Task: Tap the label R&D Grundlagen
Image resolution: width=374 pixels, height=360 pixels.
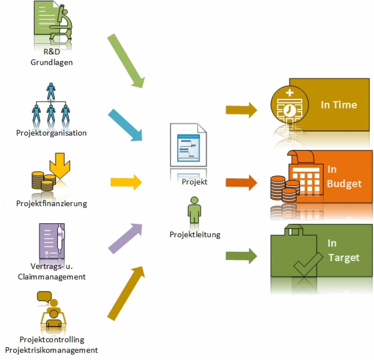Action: tap(52, 57)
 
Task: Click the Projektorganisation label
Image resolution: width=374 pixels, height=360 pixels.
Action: tap(51, 133)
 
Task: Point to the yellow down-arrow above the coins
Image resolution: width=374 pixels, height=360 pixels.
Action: tap(60, 165)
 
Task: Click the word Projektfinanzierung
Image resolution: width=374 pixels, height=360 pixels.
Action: tap(51, 204)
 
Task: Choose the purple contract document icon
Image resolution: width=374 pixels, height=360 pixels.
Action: tap(52, 241)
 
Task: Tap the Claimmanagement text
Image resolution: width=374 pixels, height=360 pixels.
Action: tap(52, 277)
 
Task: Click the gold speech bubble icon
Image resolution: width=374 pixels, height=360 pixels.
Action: tap(44, 296)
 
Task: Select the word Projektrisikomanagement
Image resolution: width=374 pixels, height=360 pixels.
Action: tap(51, 350)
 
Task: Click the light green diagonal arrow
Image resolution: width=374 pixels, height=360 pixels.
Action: tap(126, 61)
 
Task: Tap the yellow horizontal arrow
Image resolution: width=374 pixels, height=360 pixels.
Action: tap(126, 182)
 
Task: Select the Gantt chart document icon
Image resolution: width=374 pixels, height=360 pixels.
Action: tap(188, 145)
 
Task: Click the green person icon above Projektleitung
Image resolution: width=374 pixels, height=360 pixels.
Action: tap(194, 209)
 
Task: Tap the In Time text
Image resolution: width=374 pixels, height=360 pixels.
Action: tap(339, 105)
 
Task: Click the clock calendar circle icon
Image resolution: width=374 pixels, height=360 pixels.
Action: tap(290, 105)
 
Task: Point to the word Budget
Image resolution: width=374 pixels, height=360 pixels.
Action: tap(344, 184)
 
